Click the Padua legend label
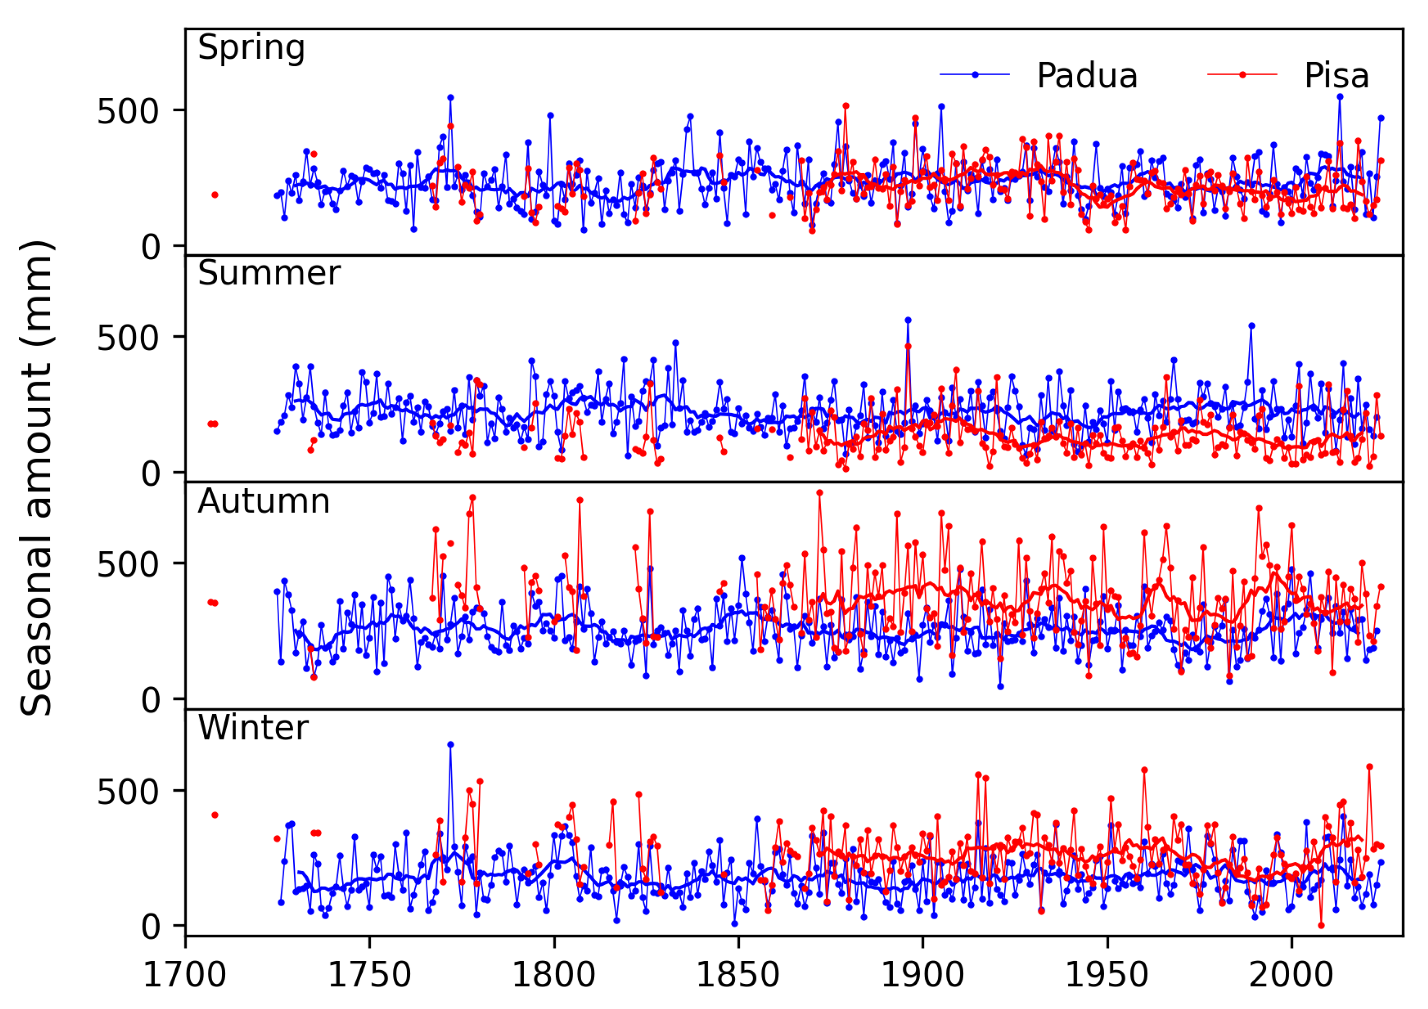(1087, 76)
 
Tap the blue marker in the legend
(974, 75)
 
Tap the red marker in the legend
(1242, 75)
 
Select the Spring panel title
(251, 48)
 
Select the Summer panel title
(269, 274)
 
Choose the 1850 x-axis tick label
(738, 975)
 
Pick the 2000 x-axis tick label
(1291, 975)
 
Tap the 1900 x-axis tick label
(923, 975)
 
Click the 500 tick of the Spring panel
(128, 112)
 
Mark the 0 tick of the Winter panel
(151, 927)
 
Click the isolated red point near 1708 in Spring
(215, 195)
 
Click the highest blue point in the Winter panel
(450, 745)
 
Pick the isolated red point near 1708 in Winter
(215, 815)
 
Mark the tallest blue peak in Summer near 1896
(908, 320)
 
